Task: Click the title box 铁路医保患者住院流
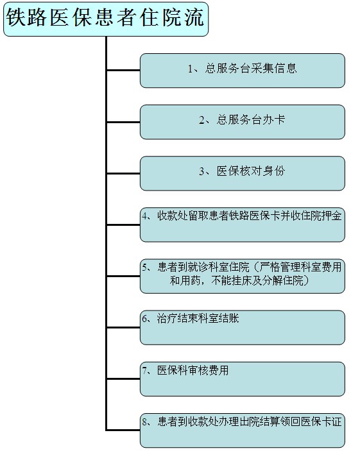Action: point(106,19)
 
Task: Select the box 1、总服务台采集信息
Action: point(243,71)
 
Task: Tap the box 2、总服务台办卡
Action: point(243,122)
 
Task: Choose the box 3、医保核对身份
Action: point(243,173)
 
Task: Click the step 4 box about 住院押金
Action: point(243,225)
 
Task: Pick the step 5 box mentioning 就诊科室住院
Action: point(243,276)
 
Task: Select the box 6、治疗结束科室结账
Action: point(243,328)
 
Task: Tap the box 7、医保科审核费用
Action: point(243,379)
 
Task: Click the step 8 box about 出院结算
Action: point(243,430)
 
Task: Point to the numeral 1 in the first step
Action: point(190,69)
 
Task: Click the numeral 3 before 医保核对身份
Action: point(201,172)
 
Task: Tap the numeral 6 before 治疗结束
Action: point(144,319)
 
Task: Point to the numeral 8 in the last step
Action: point(144,422)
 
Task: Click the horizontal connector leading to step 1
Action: point(123,70)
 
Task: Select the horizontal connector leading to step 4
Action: point(123,225)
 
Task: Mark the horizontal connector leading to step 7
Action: point(123,379)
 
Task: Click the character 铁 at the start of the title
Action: point(15,17)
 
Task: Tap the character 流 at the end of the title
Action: point(195,17)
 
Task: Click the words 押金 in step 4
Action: point(332,216)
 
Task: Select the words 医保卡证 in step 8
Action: point(321,422)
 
